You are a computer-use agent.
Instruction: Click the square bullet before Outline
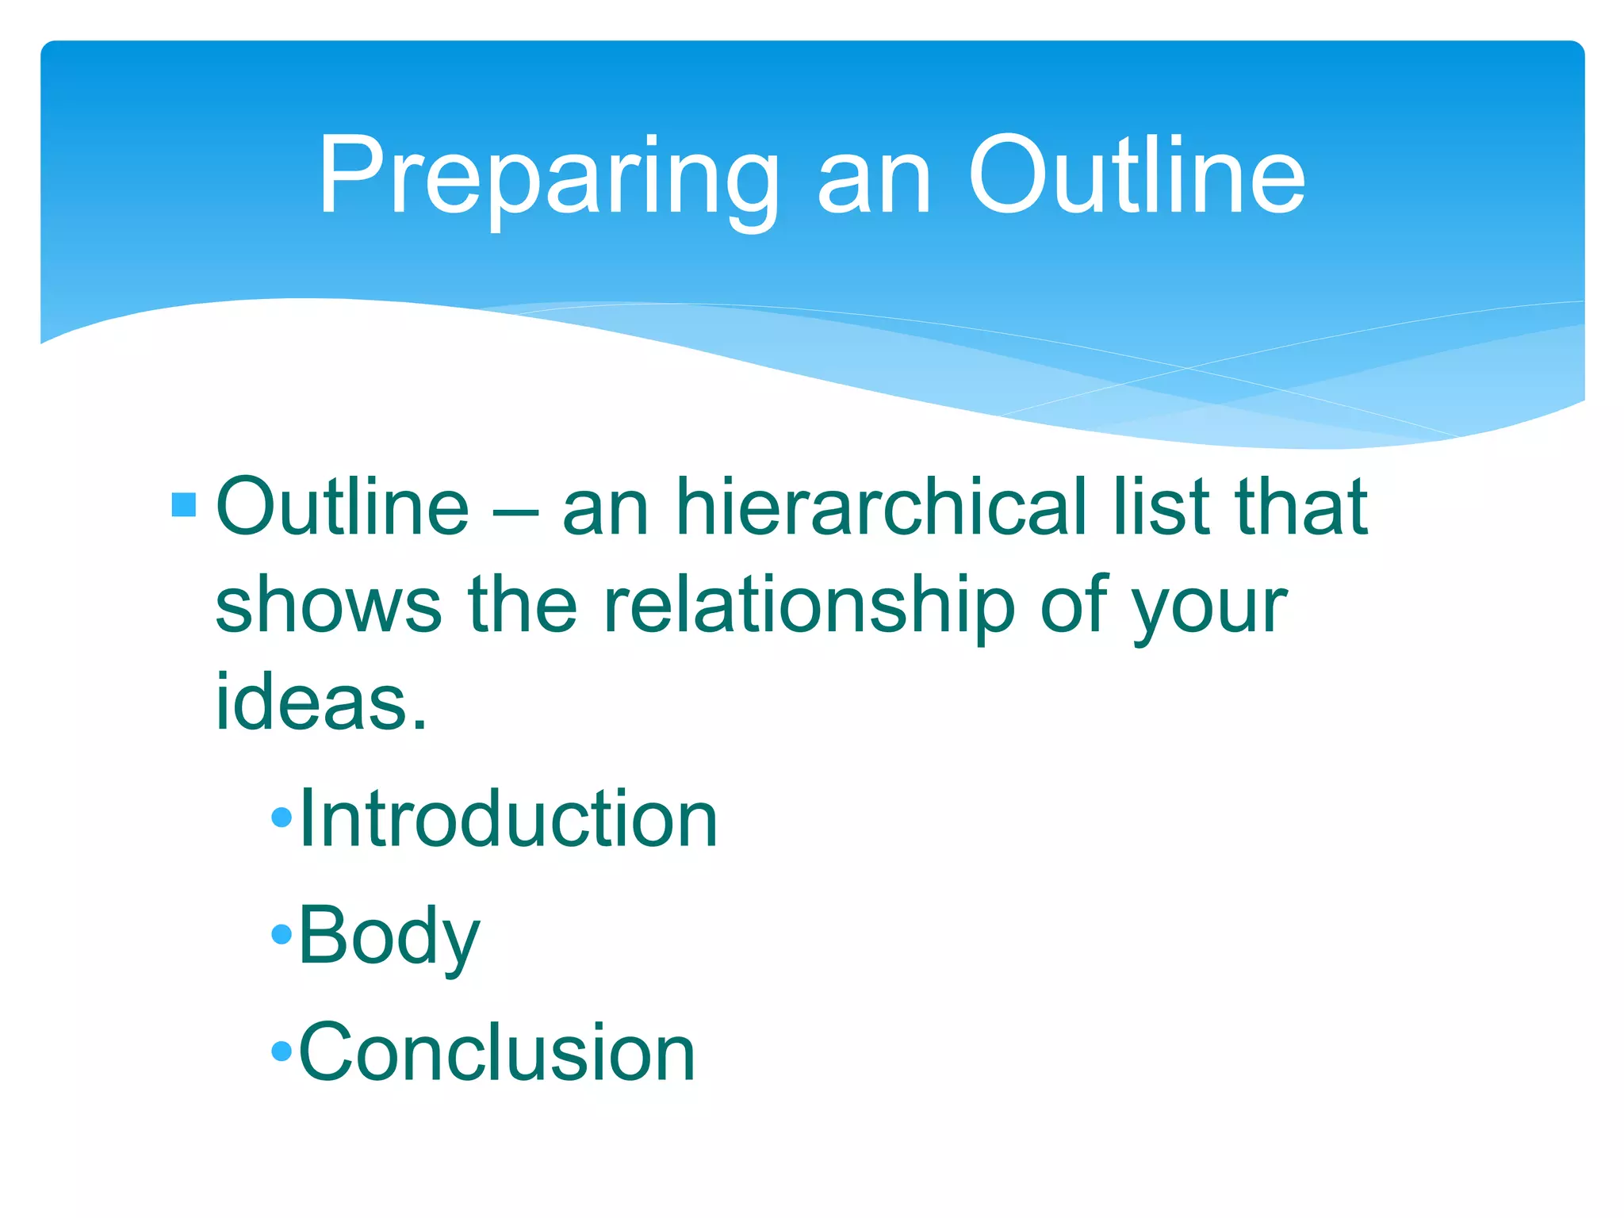coord(183,505)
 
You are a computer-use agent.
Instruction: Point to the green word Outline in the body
coord(343,507)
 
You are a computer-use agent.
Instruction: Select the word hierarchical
coord(881,507)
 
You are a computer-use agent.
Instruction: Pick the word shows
coord(327,606)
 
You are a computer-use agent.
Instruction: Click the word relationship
coord(809,606)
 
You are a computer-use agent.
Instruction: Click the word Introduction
coord(508,818)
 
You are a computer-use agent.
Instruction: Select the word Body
coord(389,936)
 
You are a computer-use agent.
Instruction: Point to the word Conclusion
coord(496,1052)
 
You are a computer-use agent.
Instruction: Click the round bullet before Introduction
coord(282,818)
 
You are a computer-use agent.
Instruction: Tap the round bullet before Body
coord(282,934)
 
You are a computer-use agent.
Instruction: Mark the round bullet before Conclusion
coord(282,1051)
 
